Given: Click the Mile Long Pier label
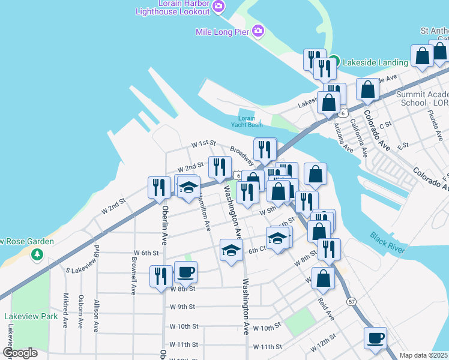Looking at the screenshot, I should pos(221,31).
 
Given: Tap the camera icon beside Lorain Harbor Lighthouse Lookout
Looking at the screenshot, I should pos(218,7).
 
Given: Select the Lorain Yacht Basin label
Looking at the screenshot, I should pos(247,121).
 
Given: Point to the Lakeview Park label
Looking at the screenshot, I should pos(31,316).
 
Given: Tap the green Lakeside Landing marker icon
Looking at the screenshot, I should pos(334,61).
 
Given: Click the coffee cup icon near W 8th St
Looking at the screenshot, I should pos(185,272).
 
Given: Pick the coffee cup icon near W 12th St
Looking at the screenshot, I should pos(376,337).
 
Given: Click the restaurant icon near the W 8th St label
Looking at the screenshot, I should pos(160,276).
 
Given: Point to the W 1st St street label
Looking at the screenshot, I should pos(203,143).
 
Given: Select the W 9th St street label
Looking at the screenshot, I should pos(182,307).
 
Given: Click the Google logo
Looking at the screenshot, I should pos(20,353).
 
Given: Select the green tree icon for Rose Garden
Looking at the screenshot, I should pos(37,255).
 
